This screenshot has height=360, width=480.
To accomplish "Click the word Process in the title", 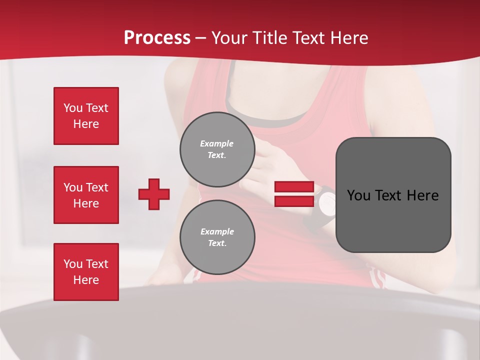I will click(157, 38).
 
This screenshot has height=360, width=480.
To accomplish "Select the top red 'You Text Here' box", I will click(86, 116).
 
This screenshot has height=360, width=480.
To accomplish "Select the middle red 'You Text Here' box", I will click(86, 195).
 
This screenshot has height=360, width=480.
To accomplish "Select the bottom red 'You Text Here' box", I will click(86, 272).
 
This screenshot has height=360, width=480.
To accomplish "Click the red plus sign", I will click(154, 194).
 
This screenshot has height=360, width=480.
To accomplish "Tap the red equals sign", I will click(294, 194).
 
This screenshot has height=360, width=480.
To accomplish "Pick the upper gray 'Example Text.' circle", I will click(217, 149).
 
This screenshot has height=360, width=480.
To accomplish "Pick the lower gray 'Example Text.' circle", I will click(217, 237).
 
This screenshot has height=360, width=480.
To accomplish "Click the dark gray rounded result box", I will click(393, 195).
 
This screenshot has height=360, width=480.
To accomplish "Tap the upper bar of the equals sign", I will click(294, 187).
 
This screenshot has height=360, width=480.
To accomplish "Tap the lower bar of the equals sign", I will click(294, 201).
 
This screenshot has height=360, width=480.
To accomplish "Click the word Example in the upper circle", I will click(217, 143).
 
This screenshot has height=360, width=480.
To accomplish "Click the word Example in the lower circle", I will click(217, 231).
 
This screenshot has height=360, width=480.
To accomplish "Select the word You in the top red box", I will click(73, 108).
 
